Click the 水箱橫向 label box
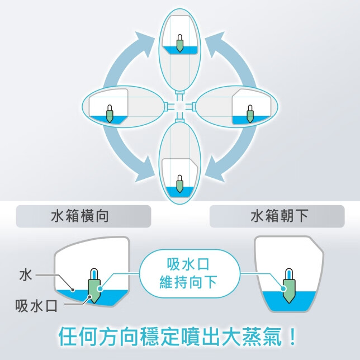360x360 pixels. coord(83,216)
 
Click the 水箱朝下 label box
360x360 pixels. coord(278,216)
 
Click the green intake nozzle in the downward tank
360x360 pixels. coord(288,286)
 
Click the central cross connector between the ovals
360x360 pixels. coord(179,106)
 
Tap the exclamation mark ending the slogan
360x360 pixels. coord(291,337)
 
